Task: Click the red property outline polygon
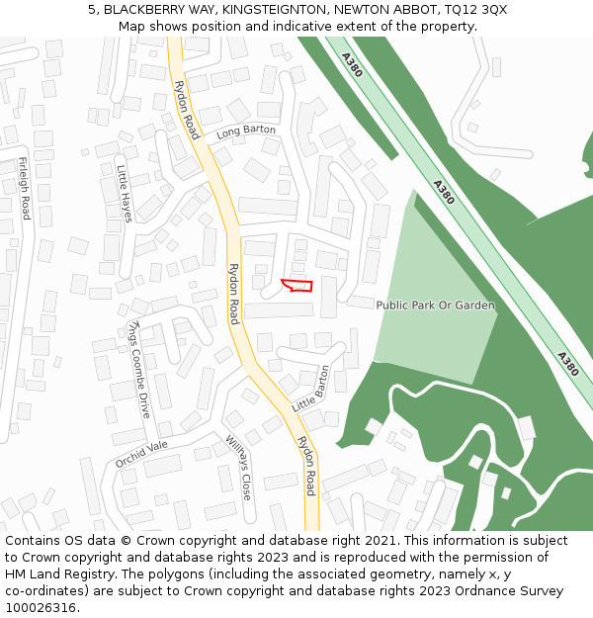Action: tap(297, 286)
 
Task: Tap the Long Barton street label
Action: tap(245, 132)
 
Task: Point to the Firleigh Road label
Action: tap(25, 188)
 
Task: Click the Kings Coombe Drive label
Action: tap(139, 369)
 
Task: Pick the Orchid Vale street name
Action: tap(141, 454)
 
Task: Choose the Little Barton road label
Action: tap(310, 390)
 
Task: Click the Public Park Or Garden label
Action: tap(435, 306)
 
